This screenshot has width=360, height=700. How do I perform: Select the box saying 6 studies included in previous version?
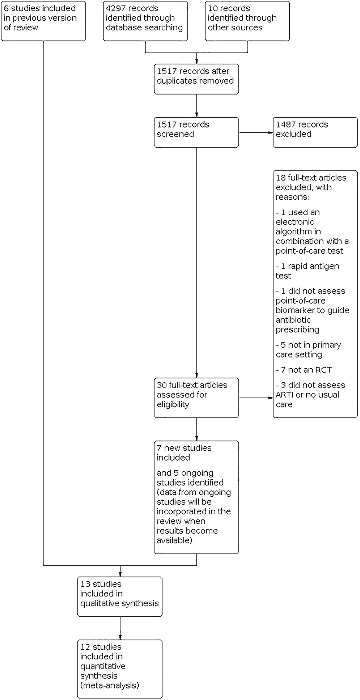click(43, 20)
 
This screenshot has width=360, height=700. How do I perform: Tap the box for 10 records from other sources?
click(247, 20)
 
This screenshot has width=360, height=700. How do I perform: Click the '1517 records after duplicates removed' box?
click(196, 79)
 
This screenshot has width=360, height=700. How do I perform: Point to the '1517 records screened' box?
click(196, 132)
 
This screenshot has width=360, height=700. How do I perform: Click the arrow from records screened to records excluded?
click(256, 132)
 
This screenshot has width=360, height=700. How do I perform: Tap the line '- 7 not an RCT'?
click(303, 370)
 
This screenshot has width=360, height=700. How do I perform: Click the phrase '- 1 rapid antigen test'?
click(307, 271)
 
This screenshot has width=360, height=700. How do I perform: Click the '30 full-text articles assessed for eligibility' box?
click(196, 398)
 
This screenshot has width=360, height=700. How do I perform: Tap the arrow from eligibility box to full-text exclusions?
click(256, 398)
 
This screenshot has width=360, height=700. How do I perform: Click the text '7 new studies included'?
click(184, 453)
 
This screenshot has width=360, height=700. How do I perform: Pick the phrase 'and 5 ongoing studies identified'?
click(190, 477)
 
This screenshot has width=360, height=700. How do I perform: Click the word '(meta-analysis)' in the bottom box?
click(110, 685)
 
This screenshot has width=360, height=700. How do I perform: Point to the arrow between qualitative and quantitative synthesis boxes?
click(120, 628)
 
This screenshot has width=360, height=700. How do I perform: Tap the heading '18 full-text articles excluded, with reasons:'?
click(311, 187)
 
